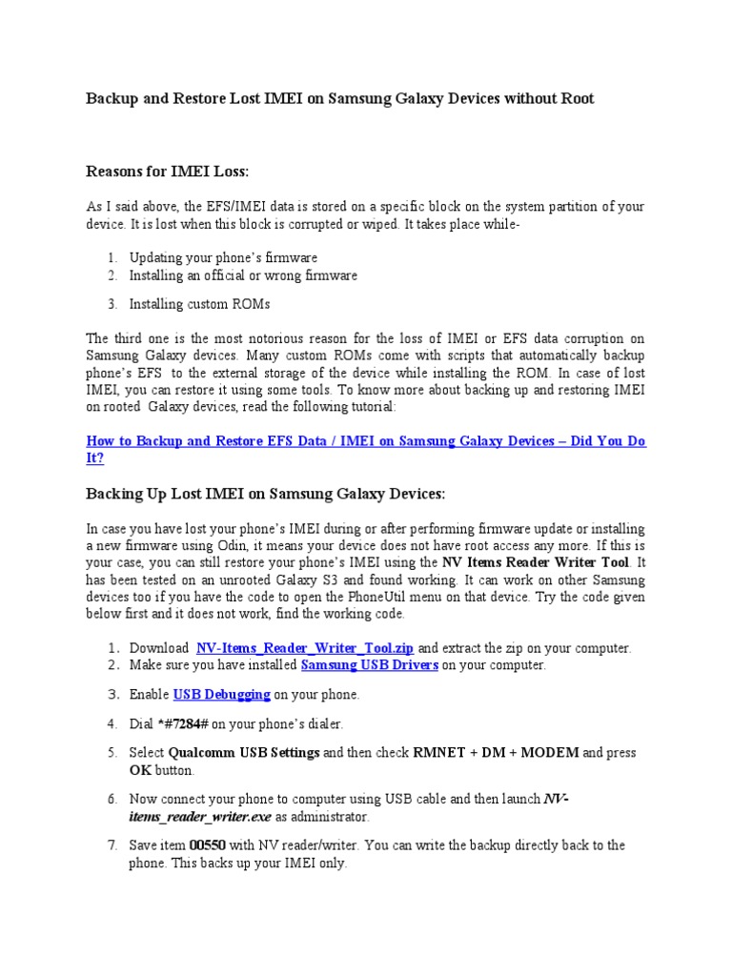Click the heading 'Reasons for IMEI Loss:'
point(167,171)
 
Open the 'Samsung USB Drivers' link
point(369,665)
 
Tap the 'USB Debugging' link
point(221,695)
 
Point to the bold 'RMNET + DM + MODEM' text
point(496,753)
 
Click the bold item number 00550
point(206,845)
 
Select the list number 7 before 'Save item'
point(112,845)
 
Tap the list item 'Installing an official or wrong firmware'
point(243,275)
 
